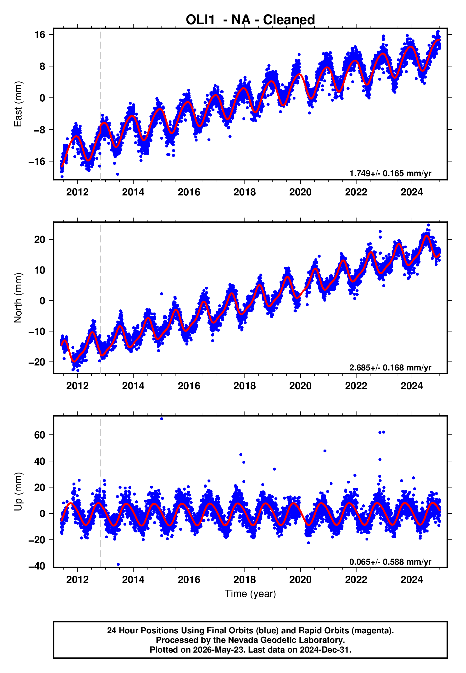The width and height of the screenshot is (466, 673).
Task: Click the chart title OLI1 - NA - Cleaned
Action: pyautogui.click(x=250, y=20)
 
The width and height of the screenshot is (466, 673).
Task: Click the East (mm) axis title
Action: pyautogui.click(x=18, y=104)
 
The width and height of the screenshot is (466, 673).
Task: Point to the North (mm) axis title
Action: pyautogui.click(x=18, y=298)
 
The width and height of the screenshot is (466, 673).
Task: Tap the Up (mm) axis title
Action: pyautogui.click(x=18, y=492)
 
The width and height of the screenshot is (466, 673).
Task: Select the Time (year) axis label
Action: pyautogui.click(x=250, y=594)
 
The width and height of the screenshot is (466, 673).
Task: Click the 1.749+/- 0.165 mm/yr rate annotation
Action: pyautogui.click(x=390, y=173)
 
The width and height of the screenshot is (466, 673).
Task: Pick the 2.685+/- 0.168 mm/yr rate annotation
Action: pyautogui.click(x=390, y=367)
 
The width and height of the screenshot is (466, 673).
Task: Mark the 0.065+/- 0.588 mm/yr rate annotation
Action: pyautogui.click(x=390, y=562)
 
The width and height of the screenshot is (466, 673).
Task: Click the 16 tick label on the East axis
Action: pyautogui.click(x=40, y=35)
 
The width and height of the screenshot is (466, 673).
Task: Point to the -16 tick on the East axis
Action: pyautogui.click(x=37, y=161)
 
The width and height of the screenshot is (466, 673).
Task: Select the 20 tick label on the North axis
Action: pyautogui.click(x=40, y=240)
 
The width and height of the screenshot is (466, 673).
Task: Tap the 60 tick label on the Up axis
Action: pyautogui.click(x=40, y=435)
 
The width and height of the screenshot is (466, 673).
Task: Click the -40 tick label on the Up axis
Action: pyautogui.click(x=37, y=566)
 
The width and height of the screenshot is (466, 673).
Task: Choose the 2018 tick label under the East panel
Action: pyautogui.click(x=245, y=192)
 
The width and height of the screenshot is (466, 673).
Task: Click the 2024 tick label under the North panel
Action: pyautogui.click(x=412, y=386)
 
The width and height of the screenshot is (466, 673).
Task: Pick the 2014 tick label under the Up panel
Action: pyautogui.click(x=133, y=580)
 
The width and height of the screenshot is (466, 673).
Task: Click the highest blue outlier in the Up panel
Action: pyautogui.click(x=162, y=419)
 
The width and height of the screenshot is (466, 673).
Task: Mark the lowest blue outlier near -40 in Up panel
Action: pyautogui.click(x=118, y=564)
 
